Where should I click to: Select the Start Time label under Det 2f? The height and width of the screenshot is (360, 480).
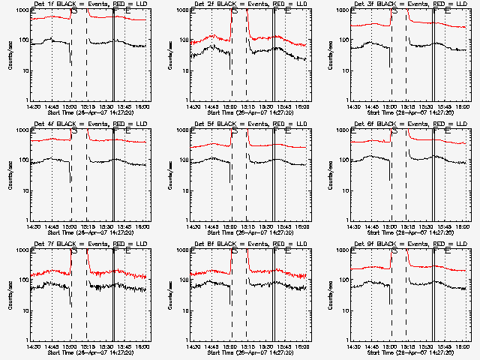(249, 112)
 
